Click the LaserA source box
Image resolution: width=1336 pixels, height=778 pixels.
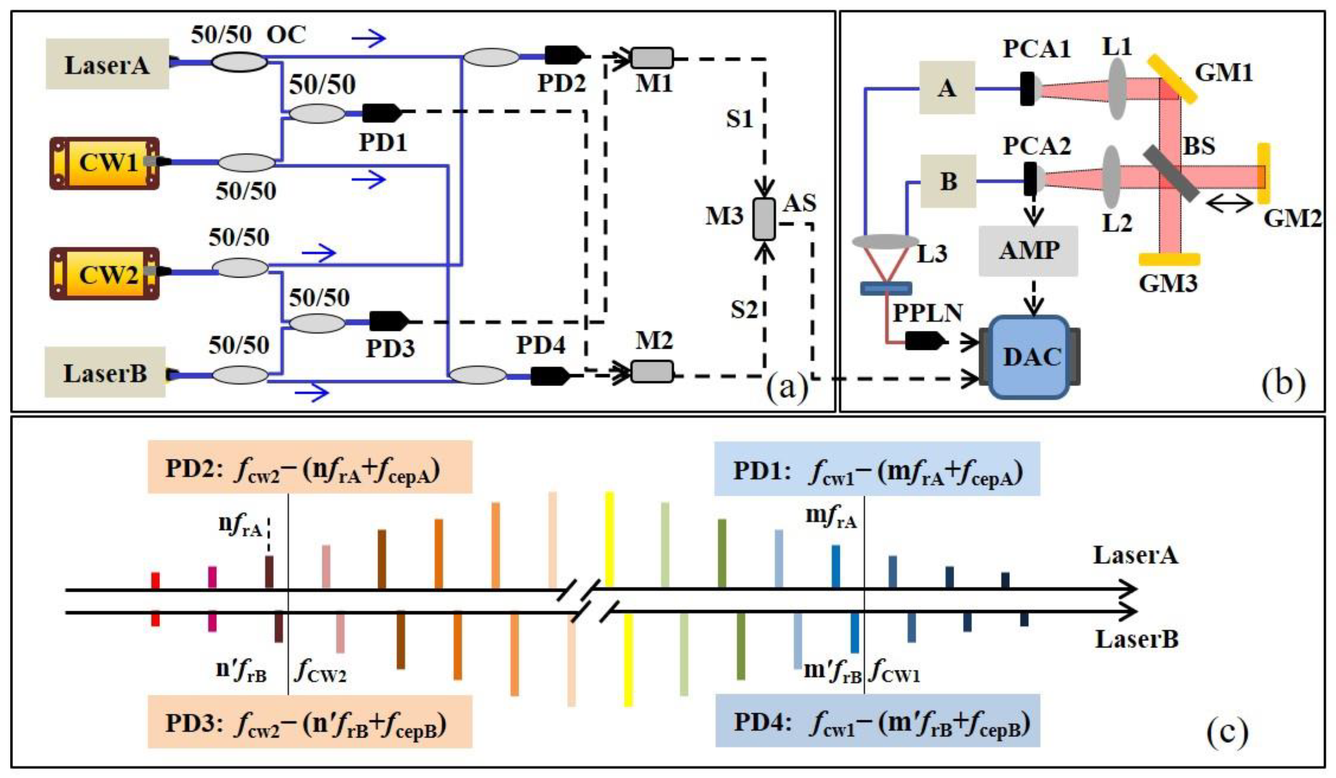(x=107, y=64)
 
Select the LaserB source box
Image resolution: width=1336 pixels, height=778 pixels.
(x=105, y=372)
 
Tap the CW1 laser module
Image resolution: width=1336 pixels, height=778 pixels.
(x=105, y=163)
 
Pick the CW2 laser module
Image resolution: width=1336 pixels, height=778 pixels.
(x=105, y=274)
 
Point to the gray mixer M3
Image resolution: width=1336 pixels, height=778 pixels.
(x=764, y=219)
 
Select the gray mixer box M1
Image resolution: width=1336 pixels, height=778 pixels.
(x=652, y=58)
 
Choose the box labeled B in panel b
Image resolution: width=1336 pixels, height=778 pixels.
(x=948, y=181)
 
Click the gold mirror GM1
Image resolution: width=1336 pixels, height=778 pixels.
(x=1171, y=79)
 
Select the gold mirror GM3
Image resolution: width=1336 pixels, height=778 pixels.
(x=1169, y=260)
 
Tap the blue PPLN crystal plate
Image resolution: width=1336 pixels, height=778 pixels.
(x=886, y=288)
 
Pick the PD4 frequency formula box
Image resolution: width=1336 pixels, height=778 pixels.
(x=877, y=721)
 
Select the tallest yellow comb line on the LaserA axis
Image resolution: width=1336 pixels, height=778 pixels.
(x=609, y=539)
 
